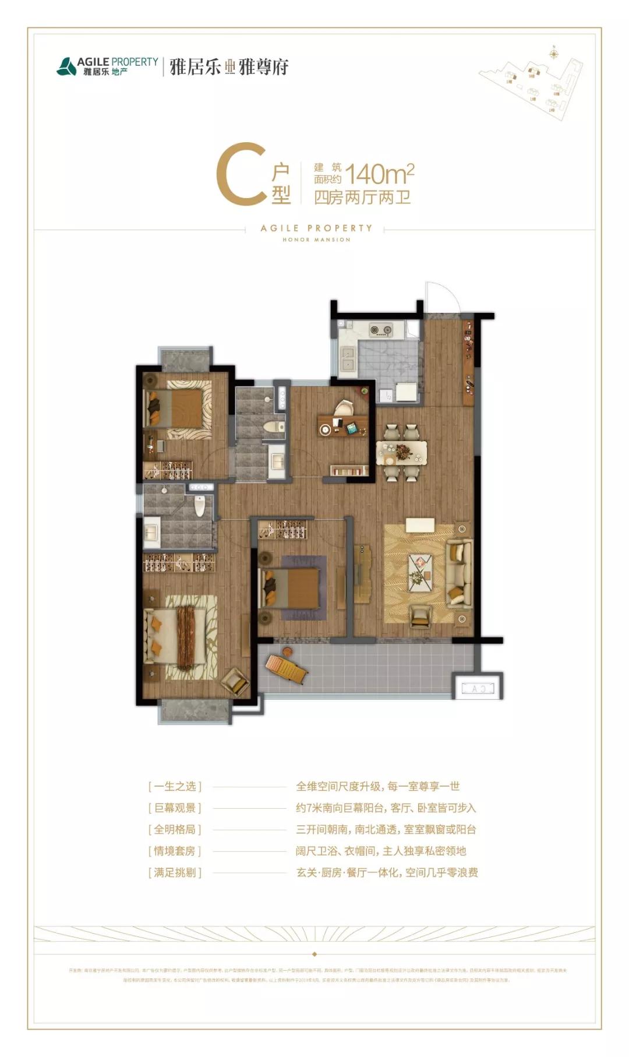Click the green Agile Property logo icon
tap(66, 66)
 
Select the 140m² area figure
tap(380, 174)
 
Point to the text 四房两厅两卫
tap(362, 198)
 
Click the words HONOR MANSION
tap(316, 239)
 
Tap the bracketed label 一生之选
tap(175, 787)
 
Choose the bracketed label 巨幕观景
tap(175, 808)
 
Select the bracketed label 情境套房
tap(175, 851)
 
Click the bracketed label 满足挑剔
tap(175, 873)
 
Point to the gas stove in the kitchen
tap(381, 331)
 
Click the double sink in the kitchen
tap(348, 359)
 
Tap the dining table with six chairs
tap(402, 452)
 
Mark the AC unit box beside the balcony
tap(478, 688)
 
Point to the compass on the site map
tap(554, 54)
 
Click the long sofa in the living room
tap(459, 574)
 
